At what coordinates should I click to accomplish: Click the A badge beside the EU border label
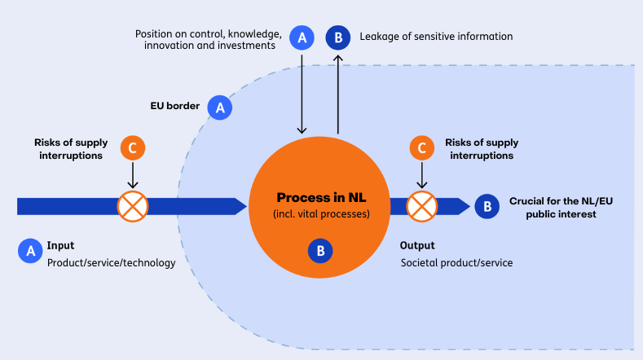click(x=220, y=108)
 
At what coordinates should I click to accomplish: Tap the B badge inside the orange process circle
click(x=320, y=251)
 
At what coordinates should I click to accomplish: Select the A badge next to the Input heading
click(x=30, y=251)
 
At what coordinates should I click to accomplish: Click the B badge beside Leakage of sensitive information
click(x=338, y=37)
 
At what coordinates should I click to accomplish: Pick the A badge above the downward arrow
click(x=302, y=37)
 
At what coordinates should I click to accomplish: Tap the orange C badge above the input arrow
click(x=133, y=147)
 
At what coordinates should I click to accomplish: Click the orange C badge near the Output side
click(x=422, y=147)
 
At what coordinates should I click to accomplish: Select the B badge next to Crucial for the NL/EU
click(x=487, y=206)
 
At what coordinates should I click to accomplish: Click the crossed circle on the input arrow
click(x=133, y=206)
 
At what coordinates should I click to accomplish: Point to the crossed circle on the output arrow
click(x=422, y=206)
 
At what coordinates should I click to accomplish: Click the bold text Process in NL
click(x=321, y=198)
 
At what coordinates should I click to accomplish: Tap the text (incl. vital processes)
click(x=321, y=214)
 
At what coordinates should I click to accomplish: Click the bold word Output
click(x=417, y=246)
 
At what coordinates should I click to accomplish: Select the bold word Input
click(x=60, y=246)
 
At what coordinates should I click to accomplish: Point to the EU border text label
click(x=174, y=106)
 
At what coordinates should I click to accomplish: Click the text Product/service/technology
click(x=111, y=263)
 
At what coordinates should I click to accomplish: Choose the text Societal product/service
click(x=456, y=263)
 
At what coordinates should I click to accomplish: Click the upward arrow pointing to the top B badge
click(x=338, y=94)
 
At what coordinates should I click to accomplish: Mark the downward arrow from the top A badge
click(x=302, y=94)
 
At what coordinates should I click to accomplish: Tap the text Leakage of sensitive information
click(x=436, y=37)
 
